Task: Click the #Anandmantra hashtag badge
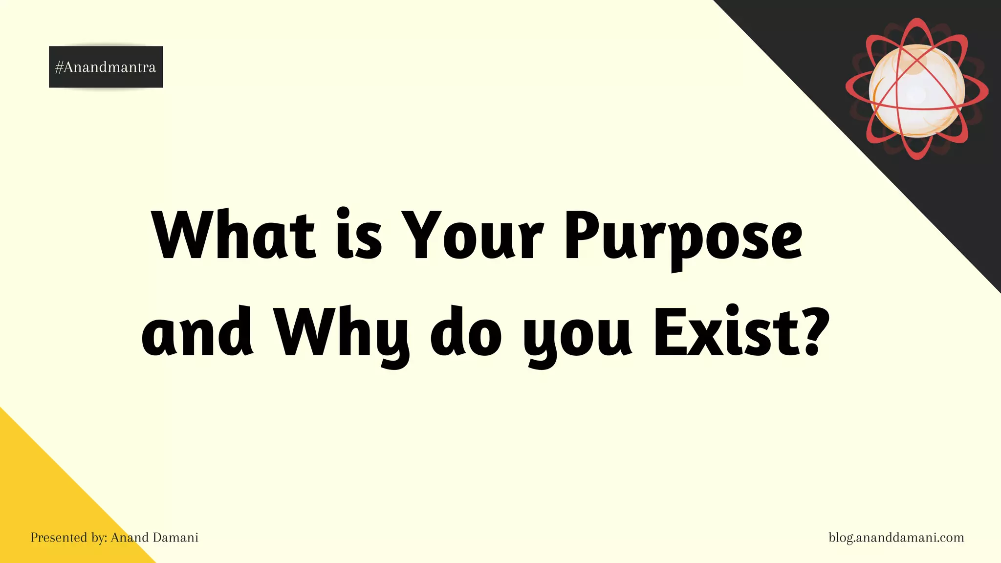(106, 67)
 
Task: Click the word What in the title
(234, 235)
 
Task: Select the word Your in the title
(474, 235)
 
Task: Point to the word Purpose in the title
(683, 237)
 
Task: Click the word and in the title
(197, 332)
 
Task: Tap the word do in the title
(466, 332)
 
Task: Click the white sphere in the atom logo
(916, 90)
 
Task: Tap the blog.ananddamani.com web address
(896, 538)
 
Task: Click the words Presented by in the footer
(68, 538)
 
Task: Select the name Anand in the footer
(130, 538)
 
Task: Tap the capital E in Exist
(669, 332)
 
